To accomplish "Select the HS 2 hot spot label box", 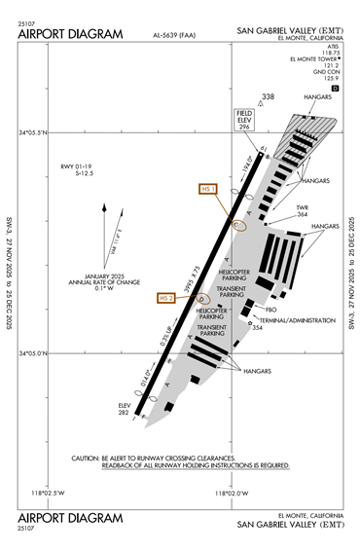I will click(x=168, y=297).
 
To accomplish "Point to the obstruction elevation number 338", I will click(x=269, y=97).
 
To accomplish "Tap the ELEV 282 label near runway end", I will click(x=124, y=408).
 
